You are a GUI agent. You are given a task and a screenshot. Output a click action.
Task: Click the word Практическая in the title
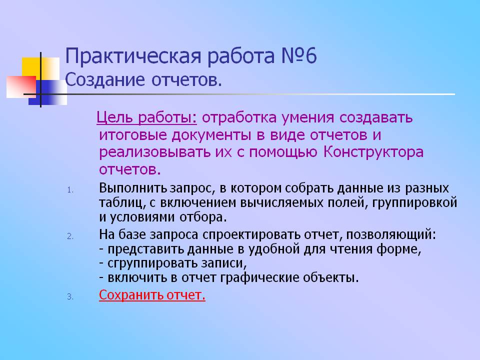click(x=133, y=56)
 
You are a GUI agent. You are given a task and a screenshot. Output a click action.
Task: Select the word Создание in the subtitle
click(x=104, y=80)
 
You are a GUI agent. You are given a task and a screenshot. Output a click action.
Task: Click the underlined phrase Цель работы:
click(x=146, y=117)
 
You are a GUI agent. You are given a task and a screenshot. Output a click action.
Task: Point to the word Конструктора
click(x=373, y=152)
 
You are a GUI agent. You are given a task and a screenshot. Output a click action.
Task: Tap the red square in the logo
click(x=21, y=87)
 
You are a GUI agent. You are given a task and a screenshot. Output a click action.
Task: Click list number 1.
click(x=70, y=190)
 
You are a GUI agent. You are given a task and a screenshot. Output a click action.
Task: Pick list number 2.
click(x=70, y=236)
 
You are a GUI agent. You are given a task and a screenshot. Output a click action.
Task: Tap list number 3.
click(x=70, y=296)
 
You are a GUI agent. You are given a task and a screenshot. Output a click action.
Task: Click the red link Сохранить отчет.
click(x=152, y=295)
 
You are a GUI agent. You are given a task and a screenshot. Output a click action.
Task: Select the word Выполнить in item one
click(x=133, y=188)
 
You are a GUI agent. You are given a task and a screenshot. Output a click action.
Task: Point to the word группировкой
click(x=414, y=203)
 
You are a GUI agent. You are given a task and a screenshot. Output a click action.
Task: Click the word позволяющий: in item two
click(x=391, y=234)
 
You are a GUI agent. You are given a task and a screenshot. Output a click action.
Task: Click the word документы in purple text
click(x=213, y=135)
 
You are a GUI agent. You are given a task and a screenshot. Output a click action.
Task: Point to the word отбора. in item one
click(x=203, y=217)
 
